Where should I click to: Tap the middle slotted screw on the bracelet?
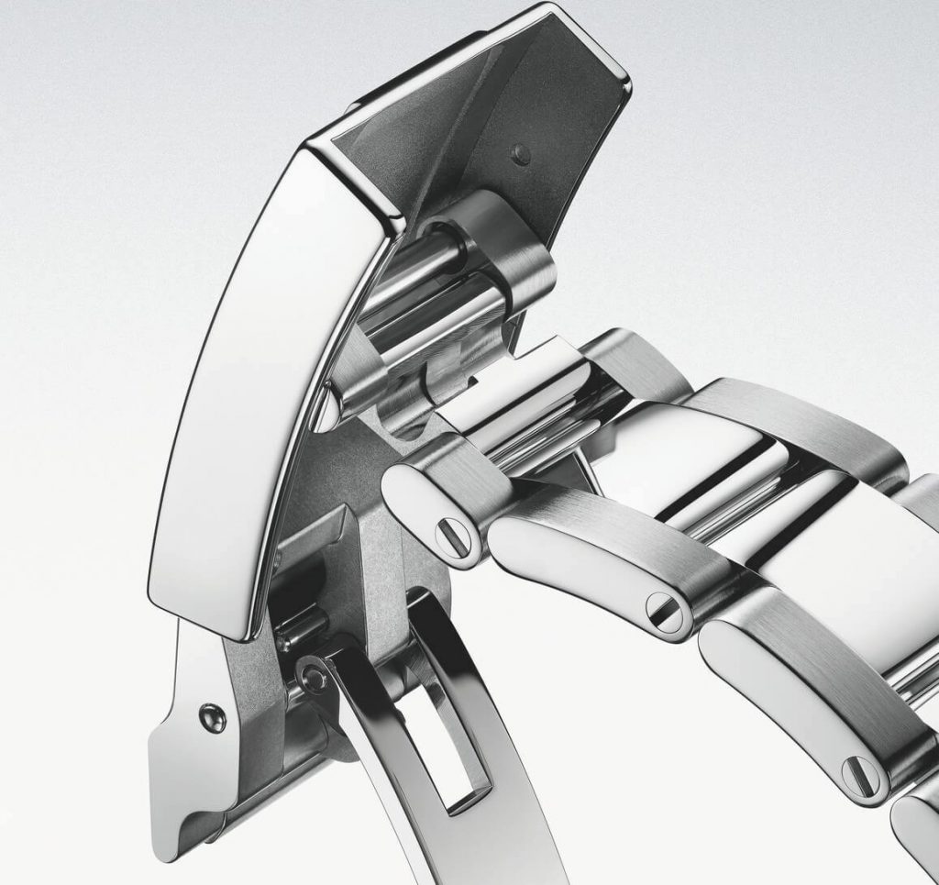click(667, 611)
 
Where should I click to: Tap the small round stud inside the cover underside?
click(523, 152)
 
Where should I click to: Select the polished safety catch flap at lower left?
click(197, 761)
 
